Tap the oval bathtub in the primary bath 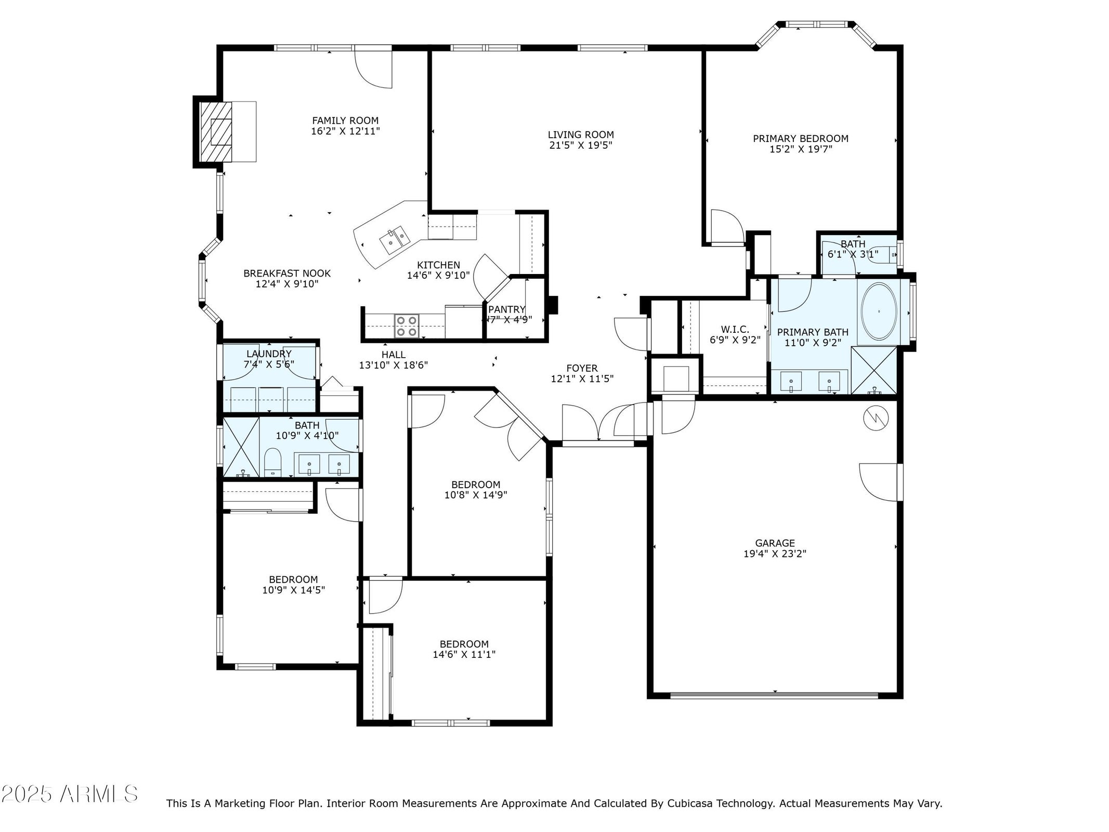(879, 311)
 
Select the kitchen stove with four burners (406, 326)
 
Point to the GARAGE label (775, 543)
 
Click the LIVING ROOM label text (581, 135)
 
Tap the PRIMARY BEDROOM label (801, 139)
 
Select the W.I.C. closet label (735, 330)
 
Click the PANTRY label (507, 310)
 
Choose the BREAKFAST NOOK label (287, 274)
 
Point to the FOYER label (582, 369)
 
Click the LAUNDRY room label (269, 354)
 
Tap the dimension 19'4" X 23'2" (775, 554)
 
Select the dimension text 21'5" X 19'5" (581, 146)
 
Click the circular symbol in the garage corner (876, 418)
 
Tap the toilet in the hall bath (272, 463)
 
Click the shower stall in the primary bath (874, 370)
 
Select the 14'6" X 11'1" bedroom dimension (464, 655)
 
